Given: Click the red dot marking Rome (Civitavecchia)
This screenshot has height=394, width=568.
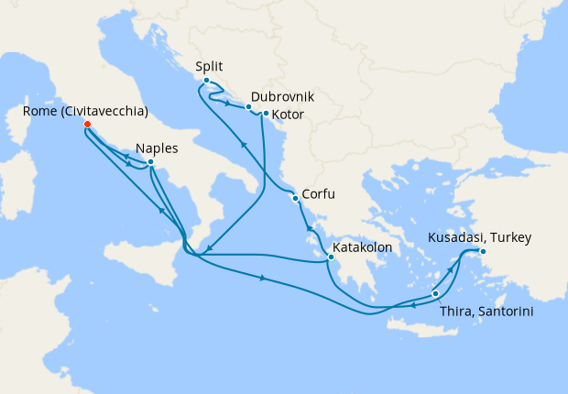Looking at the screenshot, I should tap(86, 124).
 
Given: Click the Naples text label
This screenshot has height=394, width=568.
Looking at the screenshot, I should tap(157, 148).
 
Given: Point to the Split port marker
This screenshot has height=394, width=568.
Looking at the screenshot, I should tap(206, 81).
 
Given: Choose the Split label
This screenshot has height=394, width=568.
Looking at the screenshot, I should tap(210, 66).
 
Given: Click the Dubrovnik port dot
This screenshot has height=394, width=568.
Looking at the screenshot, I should tap(248, 107).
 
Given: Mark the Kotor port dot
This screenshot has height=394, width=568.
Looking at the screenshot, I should tap(265, 114).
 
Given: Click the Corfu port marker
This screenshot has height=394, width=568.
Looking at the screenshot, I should tap(294, 198).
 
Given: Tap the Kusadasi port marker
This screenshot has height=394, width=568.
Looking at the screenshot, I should tap(483, 251).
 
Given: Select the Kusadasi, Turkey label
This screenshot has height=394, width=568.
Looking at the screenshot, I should tap(479, 238).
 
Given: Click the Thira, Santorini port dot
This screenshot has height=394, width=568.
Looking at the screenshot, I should tap(435, 293).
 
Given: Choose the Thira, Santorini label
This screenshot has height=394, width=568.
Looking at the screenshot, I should tap(486, 312).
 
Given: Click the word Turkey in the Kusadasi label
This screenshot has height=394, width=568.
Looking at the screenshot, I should tap(511, 238).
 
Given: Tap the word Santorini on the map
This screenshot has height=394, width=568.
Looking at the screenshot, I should tap(505, 312).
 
